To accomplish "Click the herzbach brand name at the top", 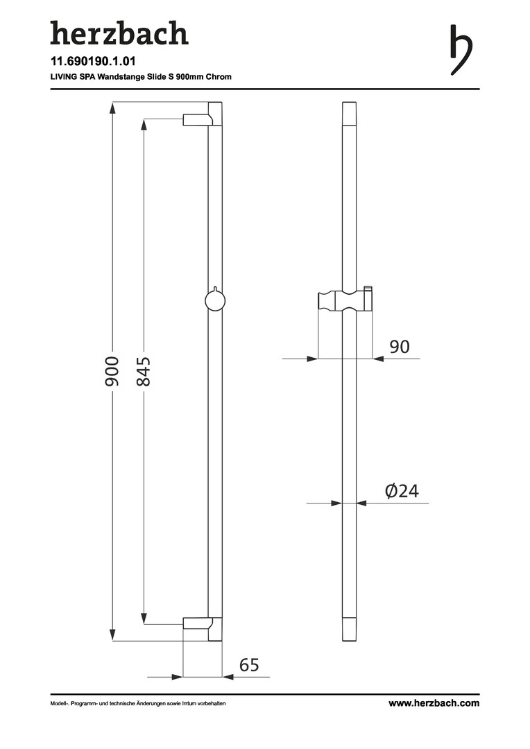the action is click(119, 33).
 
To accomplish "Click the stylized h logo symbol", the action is click(461, 50).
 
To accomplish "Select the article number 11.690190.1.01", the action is click(93, 62).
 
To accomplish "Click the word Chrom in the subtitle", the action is click(219, 76).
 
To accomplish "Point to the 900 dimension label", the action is click(112, 371).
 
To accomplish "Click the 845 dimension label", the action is click(144, 371).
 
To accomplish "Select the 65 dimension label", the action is click(249, 664).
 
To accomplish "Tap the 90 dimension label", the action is click(400, 346).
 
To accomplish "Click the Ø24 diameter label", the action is click(402, 490).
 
